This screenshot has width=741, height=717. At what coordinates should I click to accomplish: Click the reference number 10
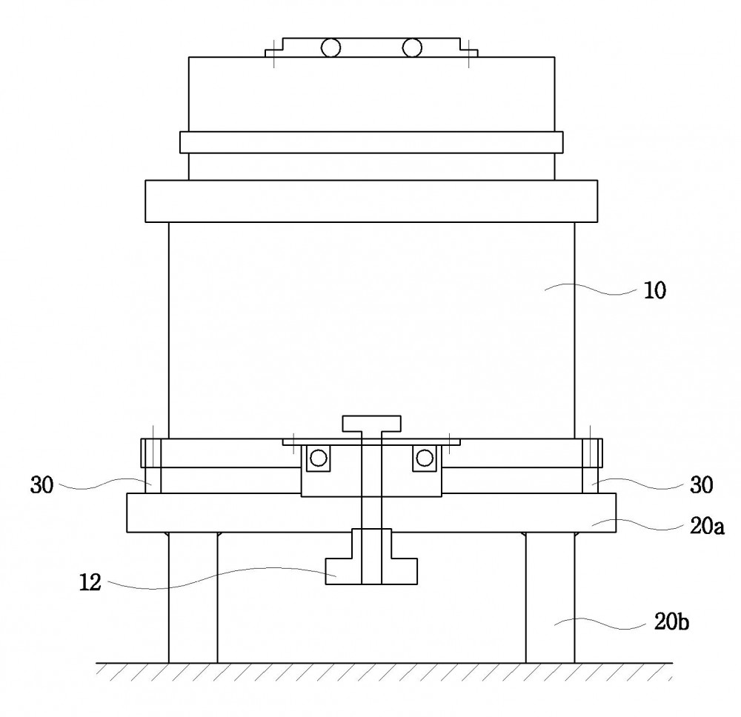655,290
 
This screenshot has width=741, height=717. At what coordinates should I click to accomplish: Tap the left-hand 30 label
41,485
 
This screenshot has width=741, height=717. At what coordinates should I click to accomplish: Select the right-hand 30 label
701,485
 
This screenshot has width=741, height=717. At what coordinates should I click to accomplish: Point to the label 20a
707,526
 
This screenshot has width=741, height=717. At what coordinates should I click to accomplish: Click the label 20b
671,621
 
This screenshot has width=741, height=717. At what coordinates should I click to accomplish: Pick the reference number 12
90,582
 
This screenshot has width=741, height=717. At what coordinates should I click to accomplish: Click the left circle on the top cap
330,47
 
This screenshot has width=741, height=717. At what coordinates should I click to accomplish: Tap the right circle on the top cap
412,47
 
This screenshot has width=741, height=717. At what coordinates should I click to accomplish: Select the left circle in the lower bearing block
318,458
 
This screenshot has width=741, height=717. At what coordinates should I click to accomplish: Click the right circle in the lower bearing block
425,458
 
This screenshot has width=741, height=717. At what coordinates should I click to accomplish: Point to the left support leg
193,598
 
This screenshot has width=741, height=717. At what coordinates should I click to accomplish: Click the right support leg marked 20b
551,598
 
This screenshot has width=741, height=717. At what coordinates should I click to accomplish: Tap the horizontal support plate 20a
371,513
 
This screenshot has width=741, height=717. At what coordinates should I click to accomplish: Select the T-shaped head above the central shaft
371,424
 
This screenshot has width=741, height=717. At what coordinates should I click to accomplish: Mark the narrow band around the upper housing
371,142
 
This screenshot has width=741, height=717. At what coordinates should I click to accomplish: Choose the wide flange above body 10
371,201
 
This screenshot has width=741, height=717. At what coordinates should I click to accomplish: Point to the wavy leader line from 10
591,289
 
